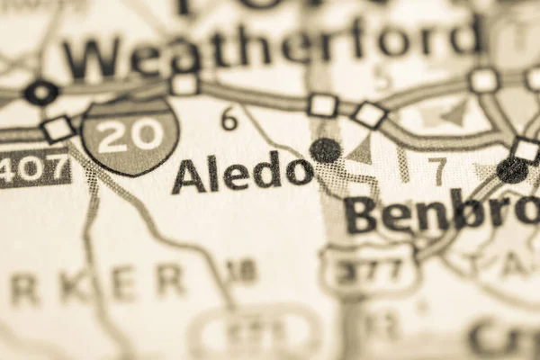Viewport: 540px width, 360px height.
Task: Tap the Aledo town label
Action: tap(242, 172)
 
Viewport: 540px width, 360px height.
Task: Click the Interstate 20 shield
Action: tap(130, 136)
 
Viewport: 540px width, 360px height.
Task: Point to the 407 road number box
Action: tap(34, 168)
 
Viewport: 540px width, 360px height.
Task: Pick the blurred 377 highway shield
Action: tap(369, 267)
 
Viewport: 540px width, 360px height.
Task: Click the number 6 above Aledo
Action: tap(229, 118)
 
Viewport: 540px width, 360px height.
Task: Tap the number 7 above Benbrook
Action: tap(437, 168)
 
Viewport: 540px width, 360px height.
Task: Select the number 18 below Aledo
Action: tap(241, 269)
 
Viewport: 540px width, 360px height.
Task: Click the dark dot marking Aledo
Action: tap(325, 149)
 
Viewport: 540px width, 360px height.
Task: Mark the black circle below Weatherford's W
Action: tap(40, 92)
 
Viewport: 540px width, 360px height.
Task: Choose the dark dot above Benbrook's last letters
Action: tap(512, 169)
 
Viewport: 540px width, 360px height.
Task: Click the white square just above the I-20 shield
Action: tap(184, 85)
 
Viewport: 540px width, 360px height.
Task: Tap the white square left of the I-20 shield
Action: tap(58, 129)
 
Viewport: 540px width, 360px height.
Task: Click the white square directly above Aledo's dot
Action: tap(322, 105)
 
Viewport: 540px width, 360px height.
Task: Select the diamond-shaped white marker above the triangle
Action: tap(369, 115)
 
